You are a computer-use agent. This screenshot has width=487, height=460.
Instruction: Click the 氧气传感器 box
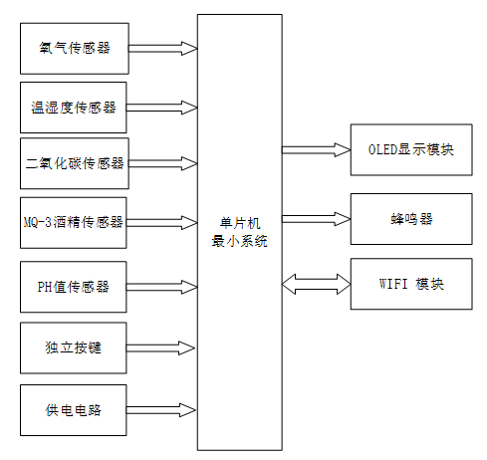pos(74,47)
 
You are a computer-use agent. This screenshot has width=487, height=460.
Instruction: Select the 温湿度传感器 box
pos(74,107)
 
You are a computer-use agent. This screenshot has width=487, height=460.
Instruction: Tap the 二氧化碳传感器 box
pos(74,163)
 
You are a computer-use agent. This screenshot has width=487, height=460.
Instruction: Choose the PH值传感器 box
pos(74,287)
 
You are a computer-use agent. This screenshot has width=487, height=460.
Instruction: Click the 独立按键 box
pos(74,347)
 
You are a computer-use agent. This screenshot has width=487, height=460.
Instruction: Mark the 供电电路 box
pos(74,409)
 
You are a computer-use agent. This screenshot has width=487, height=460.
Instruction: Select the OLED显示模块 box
pos(410,150)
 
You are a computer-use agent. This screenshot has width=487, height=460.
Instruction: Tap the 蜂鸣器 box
pos(410,218)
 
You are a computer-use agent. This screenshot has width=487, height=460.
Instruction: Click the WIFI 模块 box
pos(410,284)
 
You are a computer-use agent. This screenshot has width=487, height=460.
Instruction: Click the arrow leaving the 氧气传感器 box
pos(163,47)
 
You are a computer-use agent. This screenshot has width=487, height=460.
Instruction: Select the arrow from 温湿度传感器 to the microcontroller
pos(163,106)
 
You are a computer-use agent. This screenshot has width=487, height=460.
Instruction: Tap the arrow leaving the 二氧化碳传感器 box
pos(163,162)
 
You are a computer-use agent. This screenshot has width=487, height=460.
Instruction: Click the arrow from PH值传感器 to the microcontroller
pos(163,286)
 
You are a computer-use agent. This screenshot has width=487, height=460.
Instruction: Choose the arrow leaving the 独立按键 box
pos(163,347)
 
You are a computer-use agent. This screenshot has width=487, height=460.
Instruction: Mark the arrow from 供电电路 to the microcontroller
pos(163,409)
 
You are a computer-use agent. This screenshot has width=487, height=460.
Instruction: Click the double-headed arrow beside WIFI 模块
pos(316,284)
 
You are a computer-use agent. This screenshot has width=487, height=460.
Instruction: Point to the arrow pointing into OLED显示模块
pos(316,150)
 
